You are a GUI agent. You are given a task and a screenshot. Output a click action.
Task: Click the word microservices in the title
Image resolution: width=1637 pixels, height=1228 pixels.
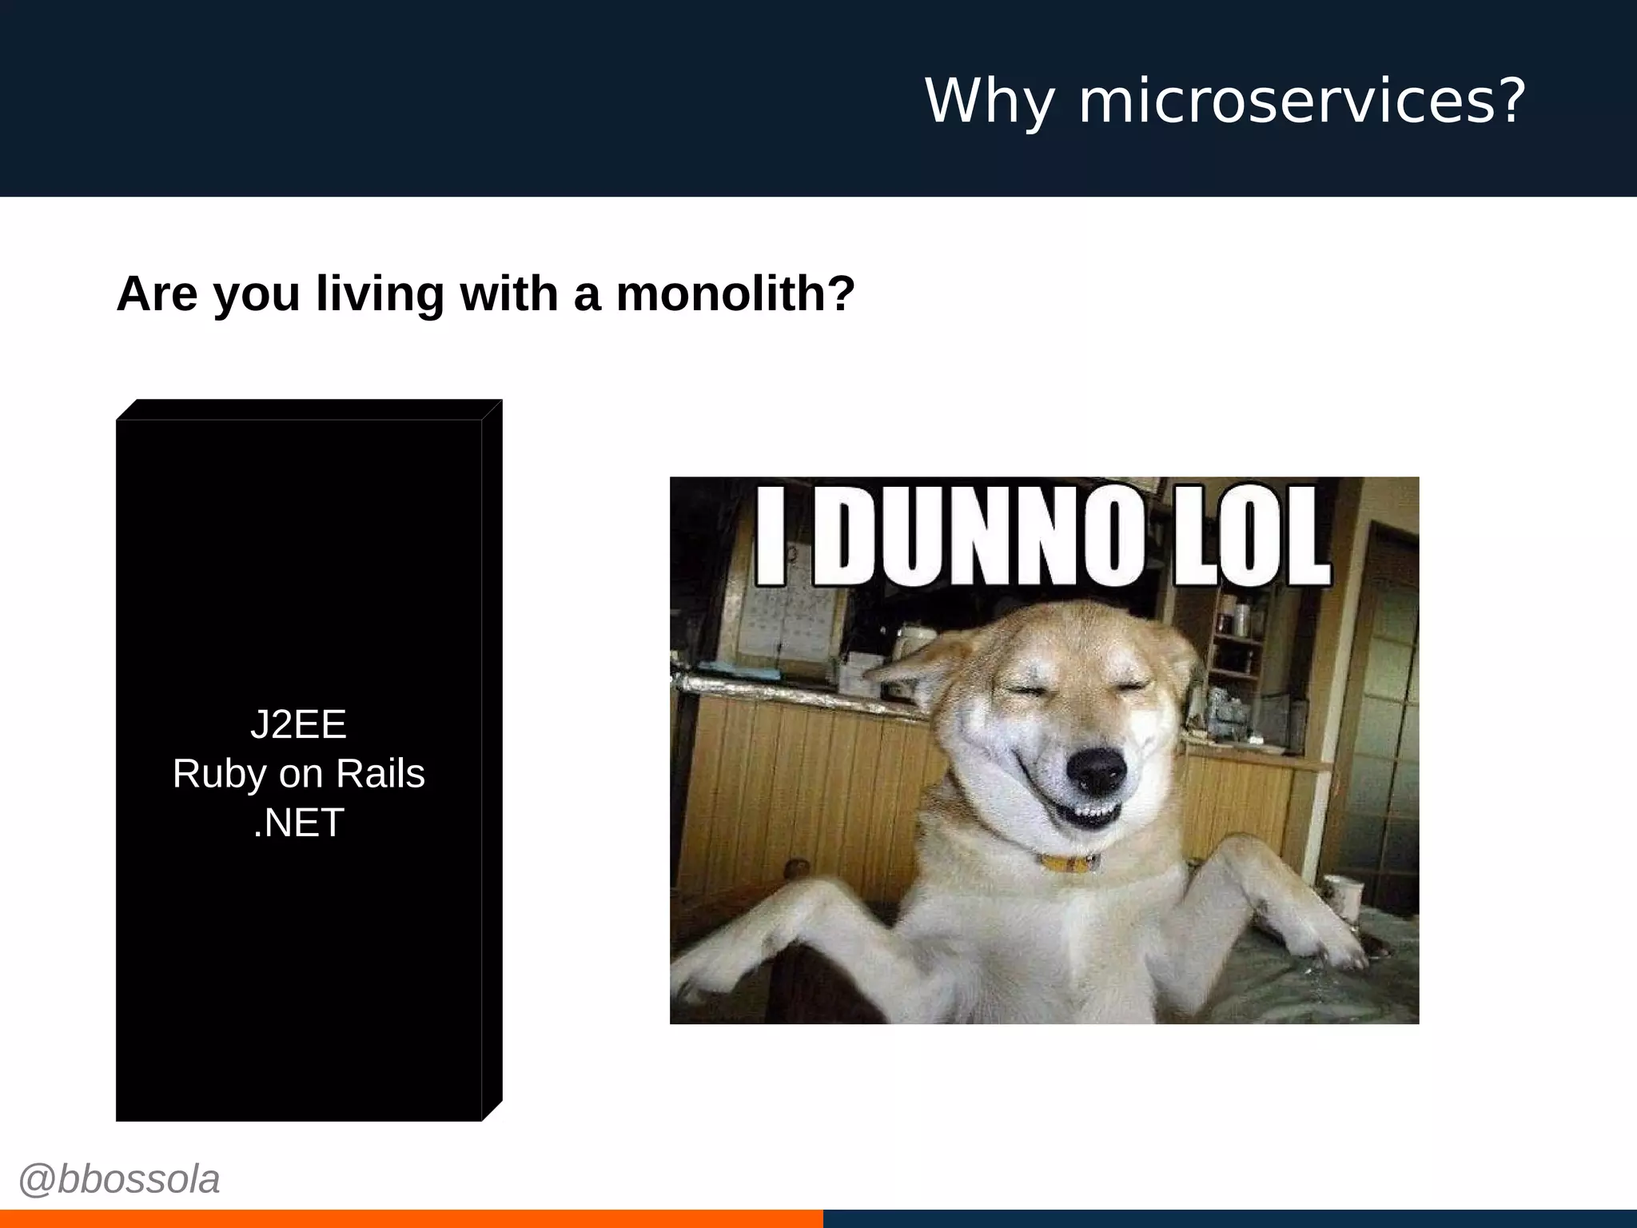click(1286, 102)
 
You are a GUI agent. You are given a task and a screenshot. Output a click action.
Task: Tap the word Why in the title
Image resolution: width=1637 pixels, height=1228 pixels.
click(989, 102)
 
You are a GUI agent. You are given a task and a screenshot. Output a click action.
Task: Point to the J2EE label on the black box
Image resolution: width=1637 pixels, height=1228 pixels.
click(298, 724)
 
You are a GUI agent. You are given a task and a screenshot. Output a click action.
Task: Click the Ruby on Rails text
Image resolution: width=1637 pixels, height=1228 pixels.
click(298, 774)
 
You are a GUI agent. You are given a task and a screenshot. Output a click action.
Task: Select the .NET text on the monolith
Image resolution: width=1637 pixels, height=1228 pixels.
click(298, 823)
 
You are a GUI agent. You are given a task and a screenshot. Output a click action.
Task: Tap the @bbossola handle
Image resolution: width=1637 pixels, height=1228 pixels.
click(119, 1179)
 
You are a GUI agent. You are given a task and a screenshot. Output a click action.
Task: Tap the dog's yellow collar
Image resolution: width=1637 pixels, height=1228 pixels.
click(1069, 863)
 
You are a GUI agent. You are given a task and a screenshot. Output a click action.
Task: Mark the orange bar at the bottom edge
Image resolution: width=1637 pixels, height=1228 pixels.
click(411, 1219)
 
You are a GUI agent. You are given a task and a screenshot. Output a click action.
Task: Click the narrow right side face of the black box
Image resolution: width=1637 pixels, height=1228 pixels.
click(492, 760)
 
